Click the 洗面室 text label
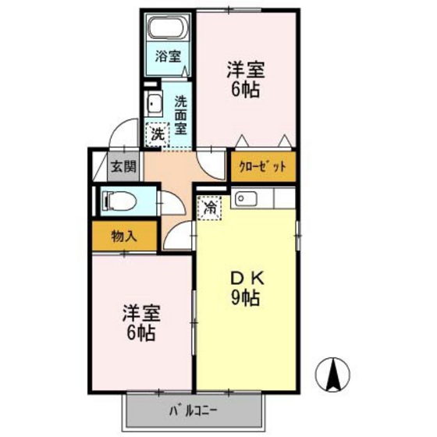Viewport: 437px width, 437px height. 180,114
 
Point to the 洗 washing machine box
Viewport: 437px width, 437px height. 158,133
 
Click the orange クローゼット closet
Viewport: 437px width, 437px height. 263,165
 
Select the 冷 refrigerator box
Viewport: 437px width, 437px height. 209,208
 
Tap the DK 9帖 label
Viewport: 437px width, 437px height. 245,286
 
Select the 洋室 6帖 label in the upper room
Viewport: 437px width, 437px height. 245,78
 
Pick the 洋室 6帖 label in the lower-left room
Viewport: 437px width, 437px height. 141,322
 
